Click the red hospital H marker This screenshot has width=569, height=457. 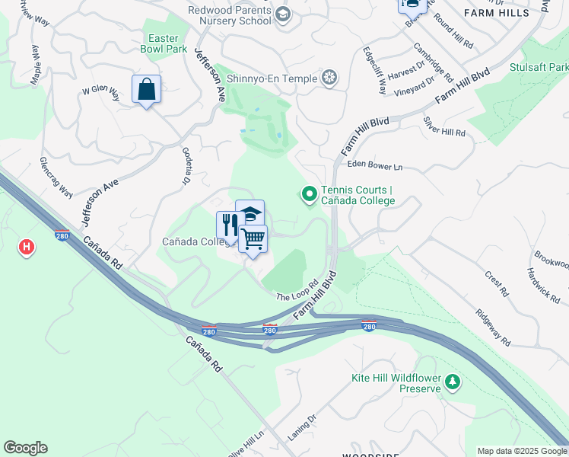[x=27, y=247]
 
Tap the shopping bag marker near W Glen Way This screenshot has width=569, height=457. [x=146, y=89]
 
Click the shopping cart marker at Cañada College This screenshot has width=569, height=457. [x=253, y=238]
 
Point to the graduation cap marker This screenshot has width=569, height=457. [x=250, y=213]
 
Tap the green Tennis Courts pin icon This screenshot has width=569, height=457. [x=310, y=195]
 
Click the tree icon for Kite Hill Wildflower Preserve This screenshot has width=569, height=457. [x=453, y=381]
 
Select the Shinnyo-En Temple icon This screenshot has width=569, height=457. [x=329, y=77]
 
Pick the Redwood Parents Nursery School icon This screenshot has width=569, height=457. [x=283, y=14]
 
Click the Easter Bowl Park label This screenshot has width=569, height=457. [x=164, y=43]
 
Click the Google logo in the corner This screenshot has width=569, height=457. [x=25, y=448]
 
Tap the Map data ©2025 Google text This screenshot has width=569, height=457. [x=522, y=451]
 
